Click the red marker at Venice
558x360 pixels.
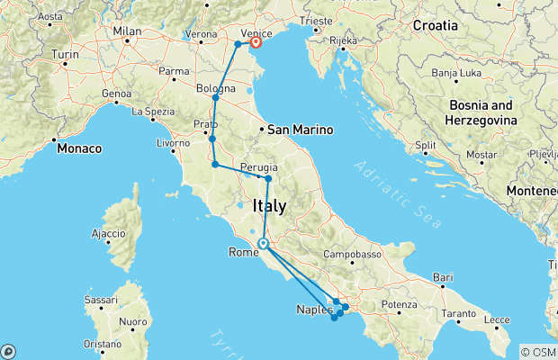[x=256, y=41]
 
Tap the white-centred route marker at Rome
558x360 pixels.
[x=263, y=243]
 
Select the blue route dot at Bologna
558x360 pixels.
[x=215, y=97]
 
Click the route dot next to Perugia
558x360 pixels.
[x=268, y=179]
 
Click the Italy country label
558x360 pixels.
[x=271, y=206]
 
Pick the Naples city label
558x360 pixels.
[x=315, y=310]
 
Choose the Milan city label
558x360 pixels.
[x=128, y=31]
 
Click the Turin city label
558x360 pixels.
[x=65, y=56]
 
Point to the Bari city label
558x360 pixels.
[x=443, y=277]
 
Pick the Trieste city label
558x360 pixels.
[x=327, y=18]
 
